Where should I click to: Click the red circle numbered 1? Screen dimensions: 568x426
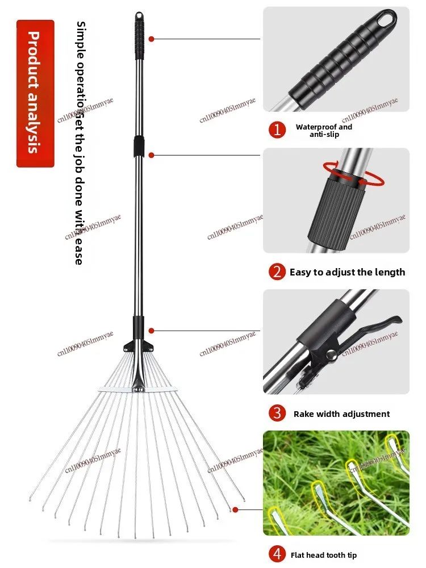pyautogui.click(x=277, y=130)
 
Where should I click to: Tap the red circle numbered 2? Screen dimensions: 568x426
pyautogui.click(x=277, y=272)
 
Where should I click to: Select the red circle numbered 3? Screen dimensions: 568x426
pyautogui.click(x=277, y=413)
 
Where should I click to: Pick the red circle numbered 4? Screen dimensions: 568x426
pyautogui.click(x=277, y=554)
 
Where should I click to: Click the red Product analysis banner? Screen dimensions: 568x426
pyautogui.click(x=35, y=93)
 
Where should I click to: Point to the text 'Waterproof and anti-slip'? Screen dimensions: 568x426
pyautogui.click(x=324, y=131)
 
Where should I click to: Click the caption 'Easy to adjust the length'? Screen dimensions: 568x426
pyautogui.click(x=347, y=272)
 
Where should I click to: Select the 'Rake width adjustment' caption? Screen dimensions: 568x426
pyautogui.click(x=341, y=414)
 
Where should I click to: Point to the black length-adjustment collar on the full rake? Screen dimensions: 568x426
pyautogui.click(x=138, y=147)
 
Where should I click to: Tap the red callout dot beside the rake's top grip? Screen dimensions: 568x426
pyautogui.click(x=151, y=39)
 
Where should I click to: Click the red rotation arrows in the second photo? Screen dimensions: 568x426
pyautogui.click(x=354, y=173)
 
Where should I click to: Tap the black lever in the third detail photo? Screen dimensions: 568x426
pyautogui.click(x=378, y=329)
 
